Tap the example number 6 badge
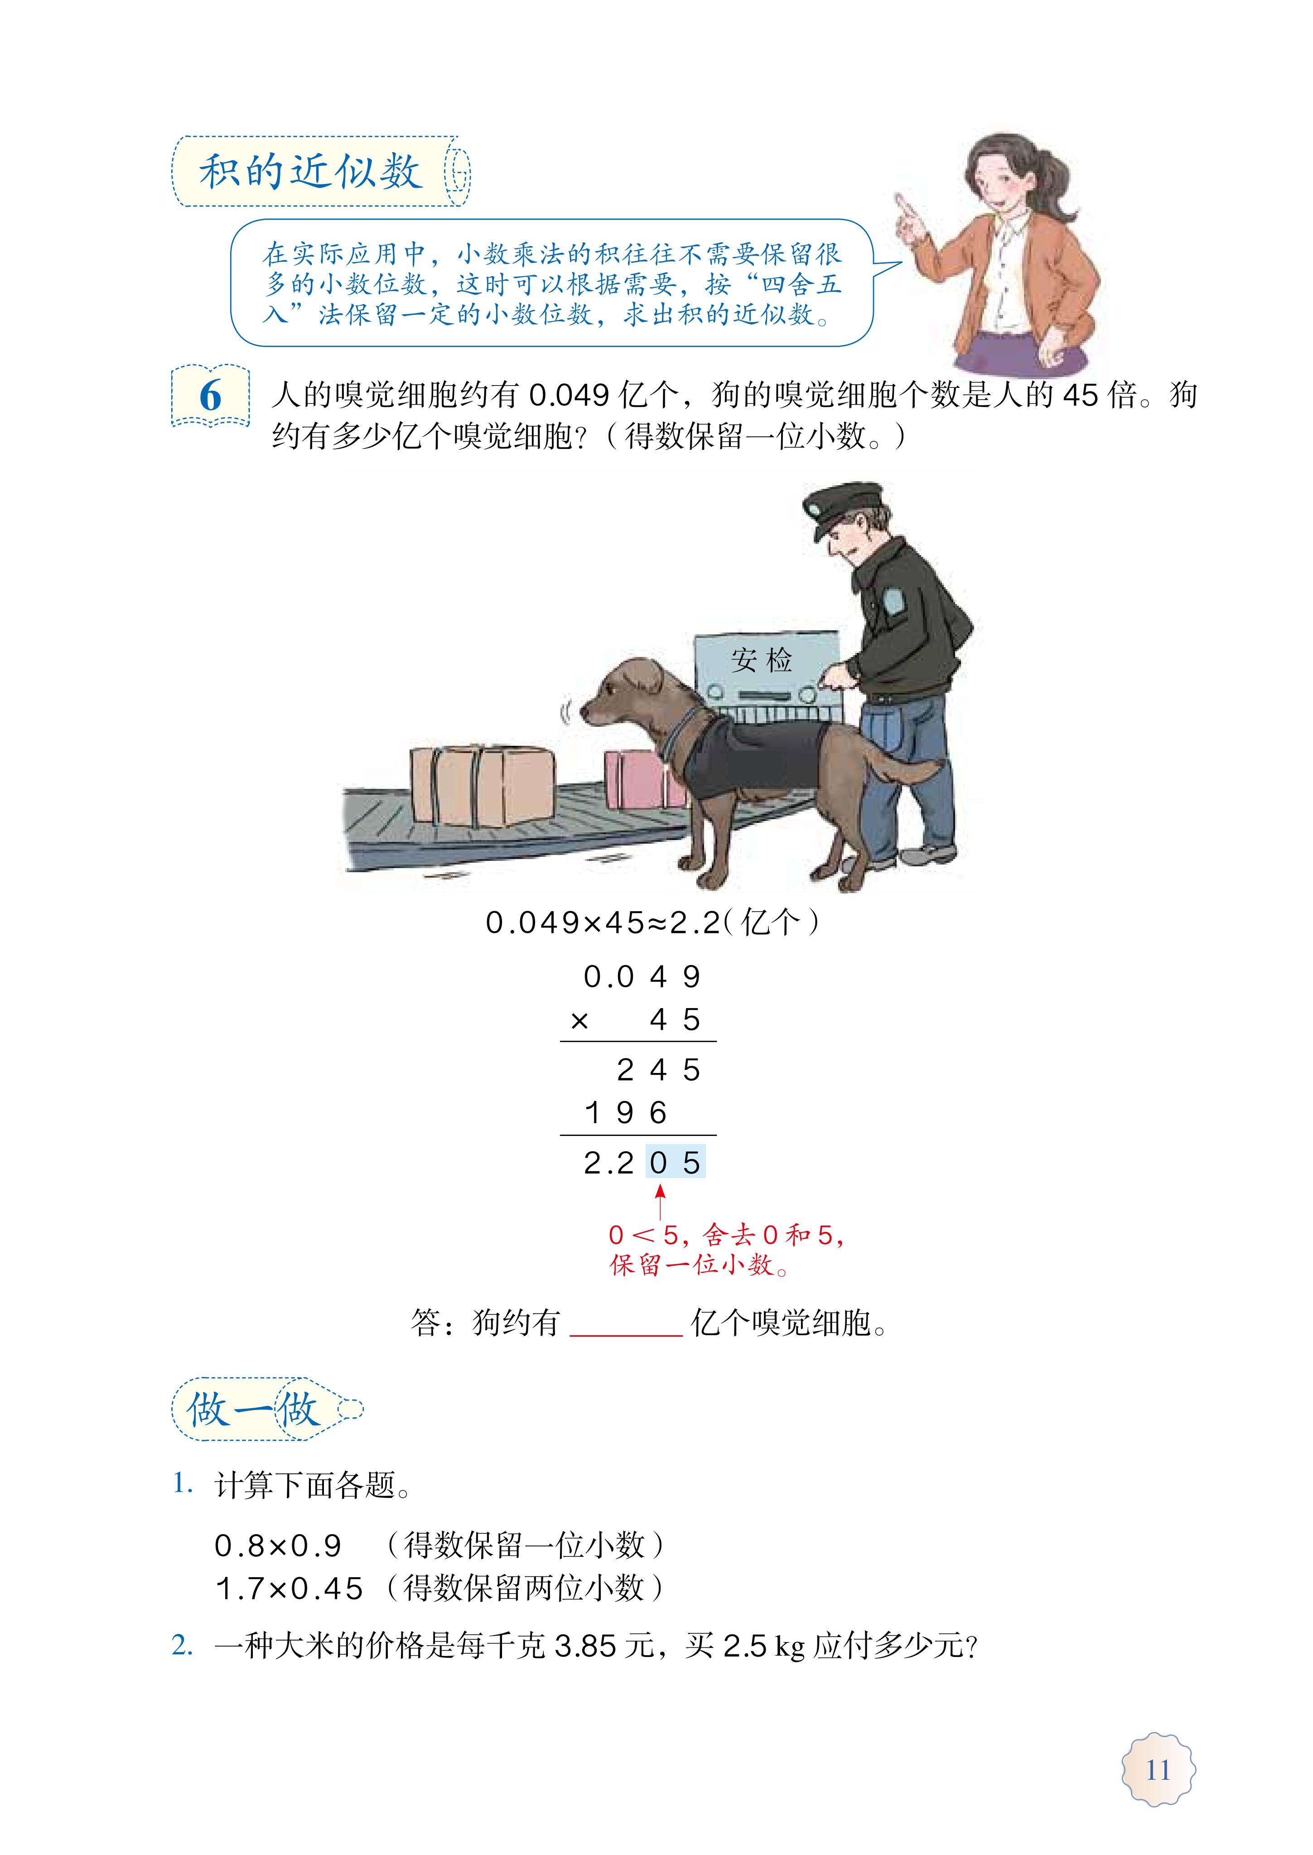click(210, 396)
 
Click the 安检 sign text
click(762, 660)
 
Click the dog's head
click(614, 691)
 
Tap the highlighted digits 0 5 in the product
click(675, 1163)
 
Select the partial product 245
click(658, 1070)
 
